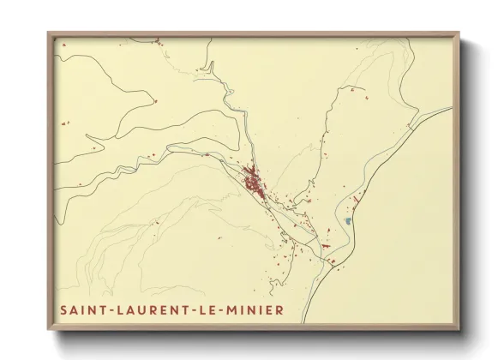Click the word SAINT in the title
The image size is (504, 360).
click(x=81, y=309)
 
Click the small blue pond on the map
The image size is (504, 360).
click(x=348, y=221)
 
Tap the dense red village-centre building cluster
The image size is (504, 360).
click(x=253, y=182)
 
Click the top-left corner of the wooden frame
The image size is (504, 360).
click(x=49, y=33)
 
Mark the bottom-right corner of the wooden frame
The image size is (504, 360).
click(x=460, y=330)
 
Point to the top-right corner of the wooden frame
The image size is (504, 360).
click(x=460, y=33)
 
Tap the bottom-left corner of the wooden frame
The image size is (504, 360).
click(x=49, y=330)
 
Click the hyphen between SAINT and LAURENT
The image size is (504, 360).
click(x=106, y=309)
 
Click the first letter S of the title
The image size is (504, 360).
click(x=63, y=309)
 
